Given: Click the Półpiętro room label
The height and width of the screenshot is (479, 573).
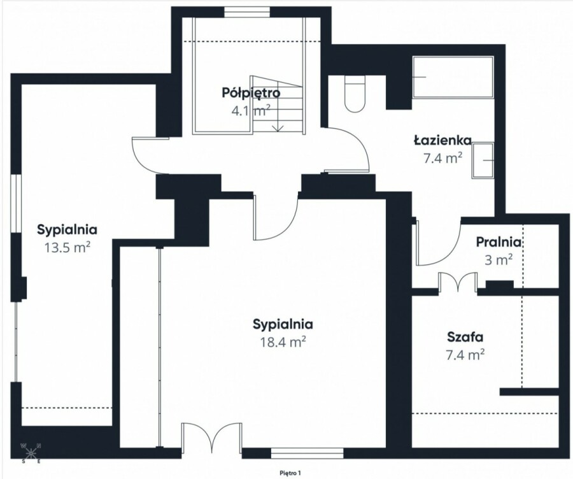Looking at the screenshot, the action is (x=251, y=93).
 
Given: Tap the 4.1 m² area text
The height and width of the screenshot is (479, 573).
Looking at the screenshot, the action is (x=251, y=110).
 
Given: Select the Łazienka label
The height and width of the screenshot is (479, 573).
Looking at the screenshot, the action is (x=442, y=140).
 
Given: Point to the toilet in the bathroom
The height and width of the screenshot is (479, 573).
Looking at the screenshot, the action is (x=355, y=94).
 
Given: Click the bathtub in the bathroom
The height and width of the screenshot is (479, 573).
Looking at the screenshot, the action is (x=453, y=77).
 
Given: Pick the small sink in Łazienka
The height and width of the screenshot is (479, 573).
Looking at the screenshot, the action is (x=483, y=161).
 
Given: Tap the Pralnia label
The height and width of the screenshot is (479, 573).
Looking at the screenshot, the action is (x=499, y=242).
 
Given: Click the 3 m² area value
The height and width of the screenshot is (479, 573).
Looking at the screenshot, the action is (x=499, y=260).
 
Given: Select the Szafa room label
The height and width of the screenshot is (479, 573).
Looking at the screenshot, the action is (x=465, y=337).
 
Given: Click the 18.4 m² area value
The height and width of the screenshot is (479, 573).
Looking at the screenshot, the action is (x=283, y=342).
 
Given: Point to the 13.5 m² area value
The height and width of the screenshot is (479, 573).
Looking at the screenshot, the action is (x=67, y=248).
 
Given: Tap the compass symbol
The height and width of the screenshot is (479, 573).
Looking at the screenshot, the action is (x=31, y=454).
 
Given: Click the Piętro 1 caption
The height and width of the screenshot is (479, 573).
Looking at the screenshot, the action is (x=290, y=473).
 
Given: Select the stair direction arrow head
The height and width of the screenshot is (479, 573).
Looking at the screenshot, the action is (x=278, y=128).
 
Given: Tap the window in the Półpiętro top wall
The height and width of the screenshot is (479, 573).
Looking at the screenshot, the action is (x=247, y=12).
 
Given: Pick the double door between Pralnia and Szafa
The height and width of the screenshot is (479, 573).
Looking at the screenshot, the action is (x=458, y=283).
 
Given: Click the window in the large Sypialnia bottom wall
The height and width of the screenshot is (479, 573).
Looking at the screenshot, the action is (x=307, y=454).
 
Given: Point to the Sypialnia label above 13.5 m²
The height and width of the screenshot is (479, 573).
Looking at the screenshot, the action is (x=67, y=230).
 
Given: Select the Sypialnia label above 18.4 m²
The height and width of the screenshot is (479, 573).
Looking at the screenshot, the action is (x=283, y=324).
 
